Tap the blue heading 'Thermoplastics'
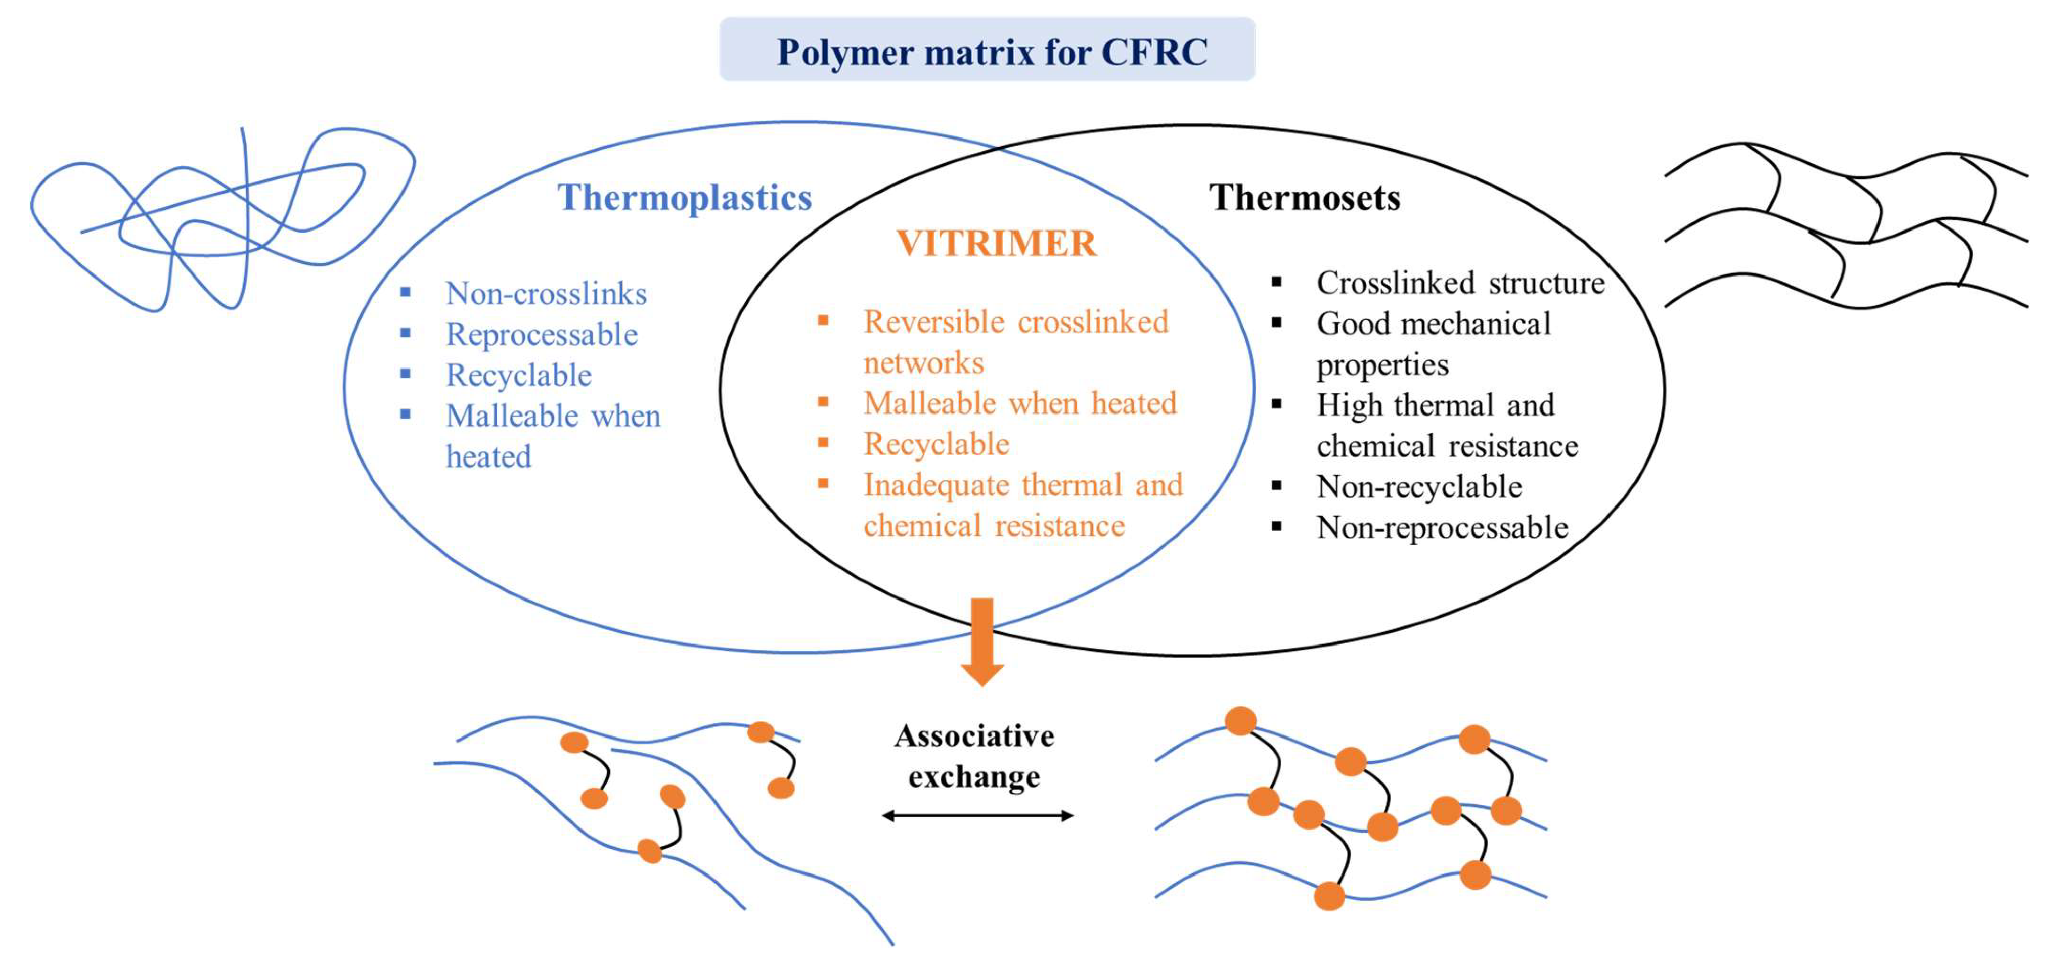[x=684, y=197]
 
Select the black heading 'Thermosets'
[x=1304, y=197]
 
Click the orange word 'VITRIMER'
[x=996, y=243]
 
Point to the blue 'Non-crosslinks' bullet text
[x=546, y=294]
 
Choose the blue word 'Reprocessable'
[x=541, y=334]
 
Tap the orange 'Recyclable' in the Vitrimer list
[x=935, y=444]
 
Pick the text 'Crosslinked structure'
[x=1460, y=283]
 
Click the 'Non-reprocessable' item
[x=1442, y=527]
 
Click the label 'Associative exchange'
[x=974, y=756]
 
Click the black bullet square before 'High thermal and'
[x=1276, y=404]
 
